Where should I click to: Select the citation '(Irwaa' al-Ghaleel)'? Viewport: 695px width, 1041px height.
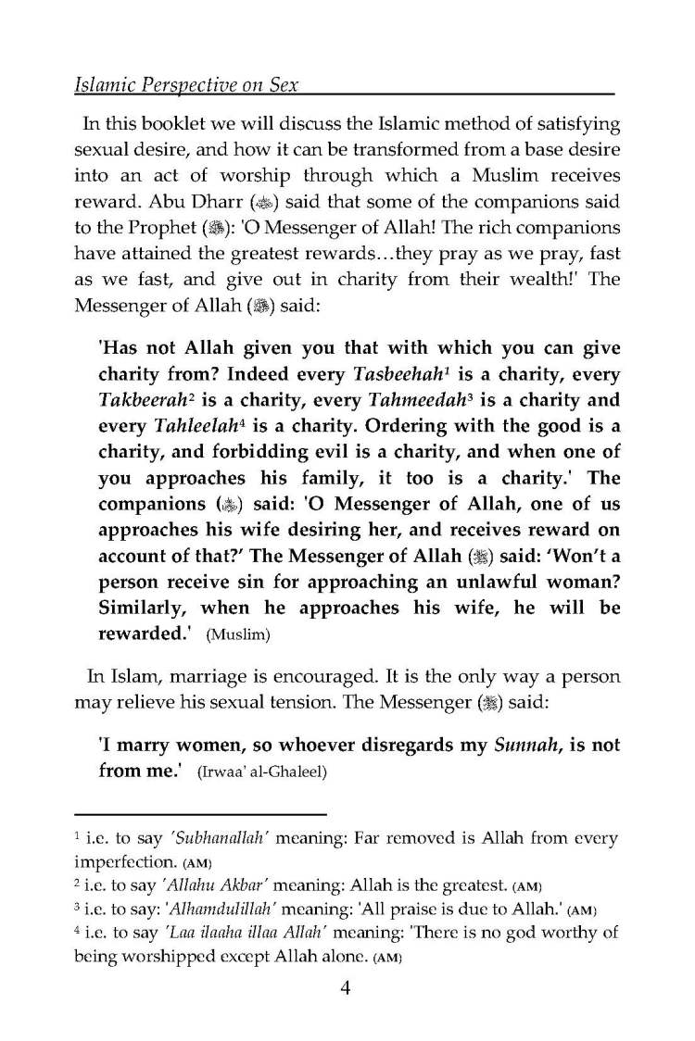pyautogui.click(x=261, y=772)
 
